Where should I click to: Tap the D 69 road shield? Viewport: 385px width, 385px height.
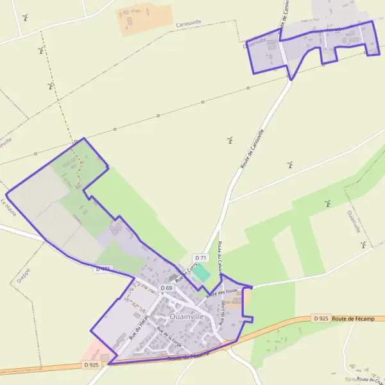pos(166,288)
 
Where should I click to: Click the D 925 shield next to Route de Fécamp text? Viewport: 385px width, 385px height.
pos(321,318)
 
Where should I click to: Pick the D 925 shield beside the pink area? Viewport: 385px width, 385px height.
pos(91,365)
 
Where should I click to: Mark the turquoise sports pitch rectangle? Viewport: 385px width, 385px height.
pos(201,272)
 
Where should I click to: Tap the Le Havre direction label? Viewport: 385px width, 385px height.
pos(8,207)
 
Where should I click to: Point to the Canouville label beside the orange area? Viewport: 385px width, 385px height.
pos(188,23)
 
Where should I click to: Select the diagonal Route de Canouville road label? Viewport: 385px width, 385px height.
pos(252,149)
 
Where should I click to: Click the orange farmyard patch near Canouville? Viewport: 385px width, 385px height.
pos(144,19)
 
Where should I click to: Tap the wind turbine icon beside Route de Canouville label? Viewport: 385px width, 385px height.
pos(229,139)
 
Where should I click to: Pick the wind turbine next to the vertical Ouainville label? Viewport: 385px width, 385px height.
pos(363,244)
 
